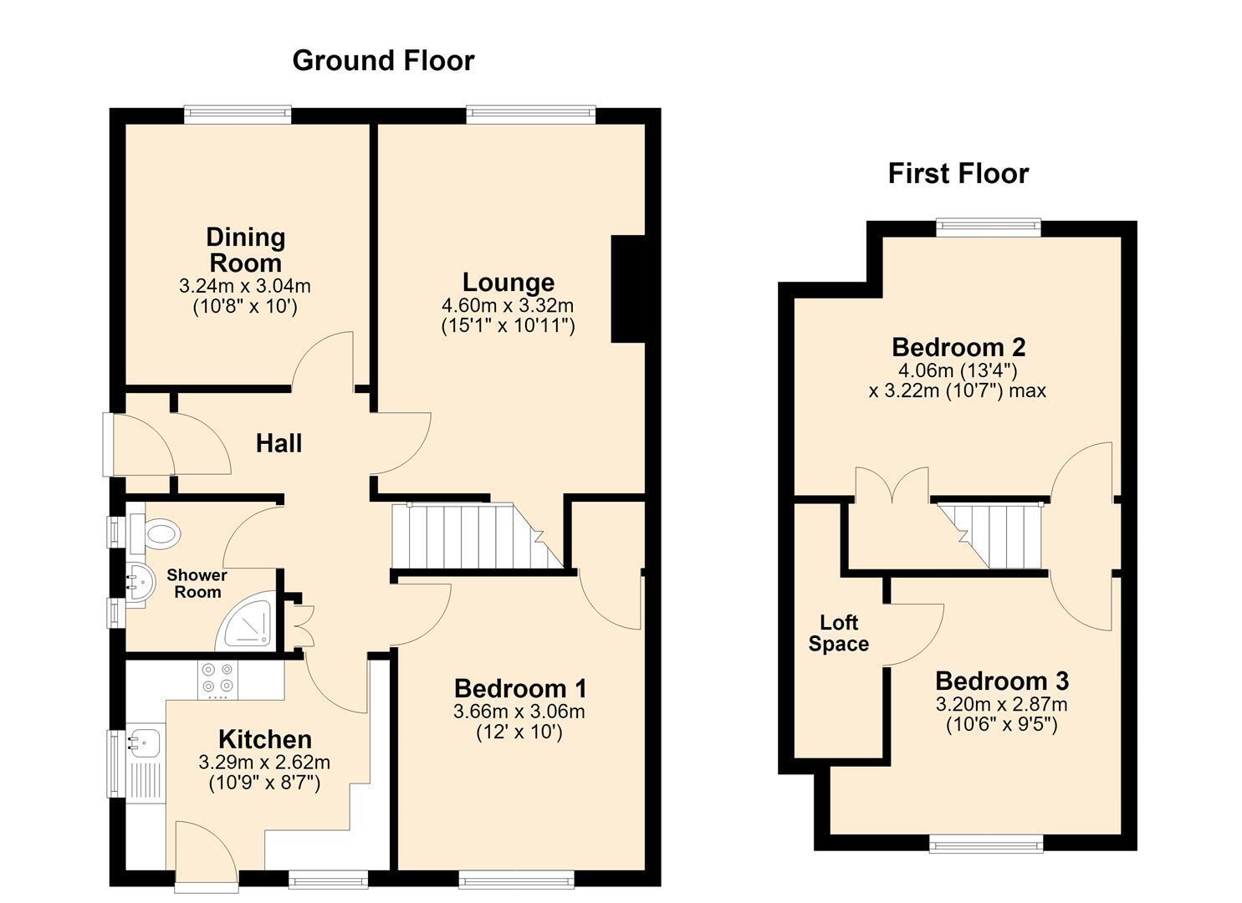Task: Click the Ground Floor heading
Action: [383, 60]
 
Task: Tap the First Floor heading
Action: [958, 174]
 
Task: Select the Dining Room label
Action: [245, 250]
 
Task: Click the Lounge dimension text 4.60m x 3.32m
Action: [508, 305]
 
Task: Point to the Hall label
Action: [279, 443]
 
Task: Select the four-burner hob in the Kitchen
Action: [217, 680]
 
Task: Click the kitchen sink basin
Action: [146, 741]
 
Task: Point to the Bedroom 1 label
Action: [520, 688]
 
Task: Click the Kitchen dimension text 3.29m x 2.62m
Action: [264, 763]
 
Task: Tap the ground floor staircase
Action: [477, 535]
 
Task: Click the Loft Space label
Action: [838, 633]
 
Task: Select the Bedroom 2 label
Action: [958, 348]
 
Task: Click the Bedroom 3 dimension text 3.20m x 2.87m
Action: [1001, 705]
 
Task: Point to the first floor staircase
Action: [989, 535]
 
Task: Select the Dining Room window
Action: [238, 115]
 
